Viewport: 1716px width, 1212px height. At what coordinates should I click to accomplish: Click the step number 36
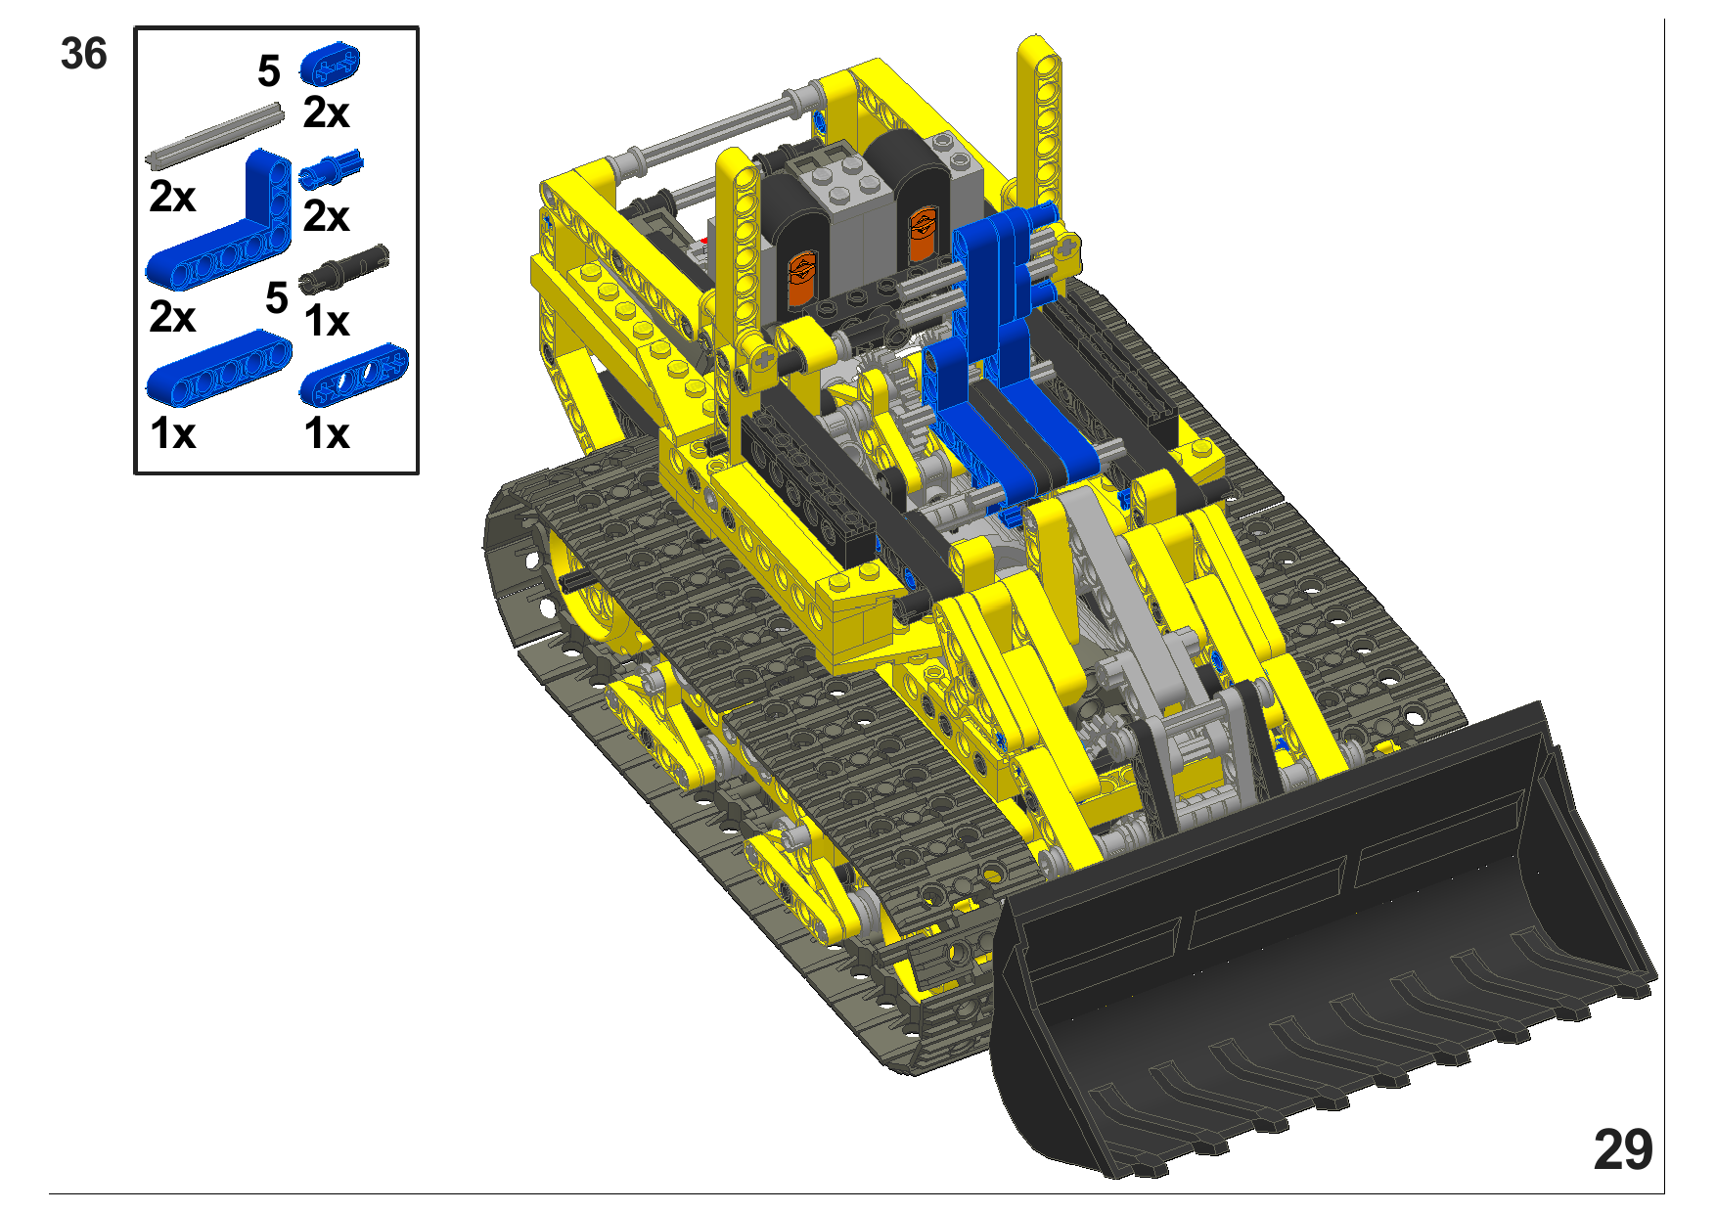pyautogui.click(x=83, y=54)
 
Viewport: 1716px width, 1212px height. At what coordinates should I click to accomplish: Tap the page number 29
pyautogui.click(x=1623, y=1149)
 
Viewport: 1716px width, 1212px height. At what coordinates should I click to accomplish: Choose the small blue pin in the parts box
pyautogui.click(x=331, y=170)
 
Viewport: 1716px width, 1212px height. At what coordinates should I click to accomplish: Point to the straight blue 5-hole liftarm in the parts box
pyautogui.click(x=219, y=368)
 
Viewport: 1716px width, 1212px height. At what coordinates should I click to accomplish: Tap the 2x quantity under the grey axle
pyautogui.click(x=172, y=197)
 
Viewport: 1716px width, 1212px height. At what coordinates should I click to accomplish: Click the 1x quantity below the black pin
pyautogui.click(x=326, y=321)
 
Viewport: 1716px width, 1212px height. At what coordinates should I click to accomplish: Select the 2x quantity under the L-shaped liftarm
pyautogui.click(x=172, y=317)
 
